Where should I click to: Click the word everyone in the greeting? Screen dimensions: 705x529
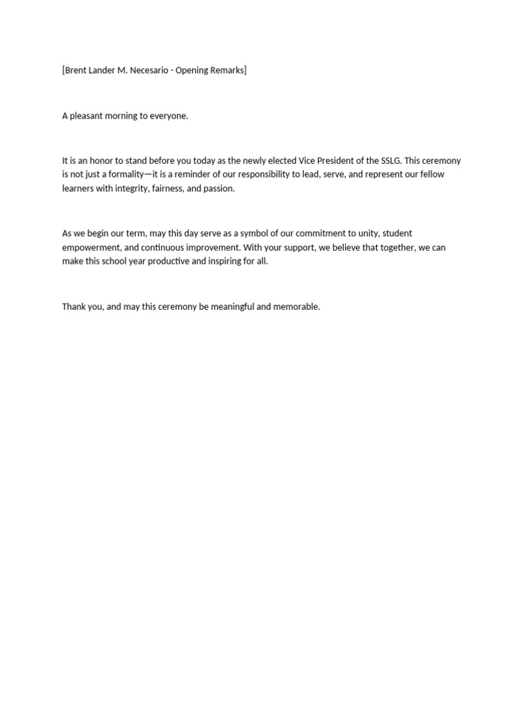(x=169, y=116)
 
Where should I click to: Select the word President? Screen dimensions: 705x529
(x=335, y=160)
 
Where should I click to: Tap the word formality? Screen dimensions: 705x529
(x=122, y=174)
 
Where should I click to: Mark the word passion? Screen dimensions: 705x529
(x=218, y=189)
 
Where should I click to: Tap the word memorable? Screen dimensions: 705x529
(x=297, y=306)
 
